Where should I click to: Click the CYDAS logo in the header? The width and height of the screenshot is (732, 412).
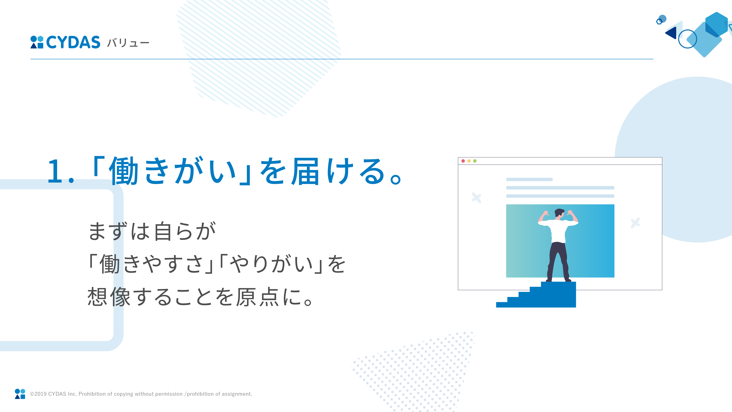pos(65,42)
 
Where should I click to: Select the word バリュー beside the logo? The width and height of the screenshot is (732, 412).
pos(128,43)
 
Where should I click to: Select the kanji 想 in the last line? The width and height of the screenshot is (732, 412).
pos(97,297)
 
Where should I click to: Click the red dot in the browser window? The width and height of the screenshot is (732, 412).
pos(463,161)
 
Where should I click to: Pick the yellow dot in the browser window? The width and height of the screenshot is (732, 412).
pos(469,161)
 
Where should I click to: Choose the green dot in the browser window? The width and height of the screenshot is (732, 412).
pos(475,161)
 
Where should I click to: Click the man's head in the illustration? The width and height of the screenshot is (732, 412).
pos(559,213)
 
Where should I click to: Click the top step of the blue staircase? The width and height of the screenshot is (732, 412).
pos(558,284)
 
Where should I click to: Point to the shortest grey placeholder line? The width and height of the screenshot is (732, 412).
pos(529,179)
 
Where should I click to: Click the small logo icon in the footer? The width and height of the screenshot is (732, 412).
pos(20,394)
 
